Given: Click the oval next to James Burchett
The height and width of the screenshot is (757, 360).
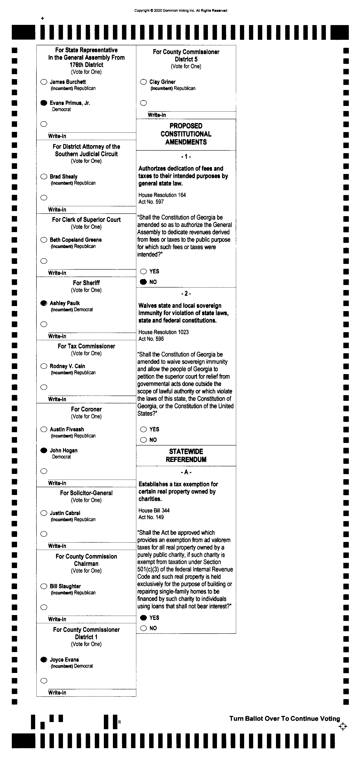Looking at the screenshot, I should pos(44,82).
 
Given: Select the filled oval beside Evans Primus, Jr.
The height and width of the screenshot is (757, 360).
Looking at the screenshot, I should pos(44,103).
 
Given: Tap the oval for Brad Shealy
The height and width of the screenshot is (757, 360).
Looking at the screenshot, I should pos(44,177).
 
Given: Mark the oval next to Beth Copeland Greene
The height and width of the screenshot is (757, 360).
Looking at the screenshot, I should pos(44,240).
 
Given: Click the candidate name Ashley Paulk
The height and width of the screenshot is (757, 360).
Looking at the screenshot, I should pos(65,303).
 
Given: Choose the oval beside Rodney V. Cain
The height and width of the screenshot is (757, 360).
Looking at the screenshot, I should pos(44,366).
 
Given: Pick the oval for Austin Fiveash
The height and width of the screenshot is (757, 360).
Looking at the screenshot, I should pos(44,429).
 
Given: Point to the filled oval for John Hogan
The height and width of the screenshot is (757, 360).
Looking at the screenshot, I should pos(44,450).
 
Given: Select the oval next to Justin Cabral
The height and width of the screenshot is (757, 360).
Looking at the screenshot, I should pos(44,513).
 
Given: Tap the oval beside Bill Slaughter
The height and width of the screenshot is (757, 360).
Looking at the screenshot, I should pos(44,586).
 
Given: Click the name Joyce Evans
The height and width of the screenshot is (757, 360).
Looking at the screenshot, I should pos(64,659).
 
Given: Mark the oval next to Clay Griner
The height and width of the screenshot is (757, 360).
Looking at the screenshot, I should pos(143,82).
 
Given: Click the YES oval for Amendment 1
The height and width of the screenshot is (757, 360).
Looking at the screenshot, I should pos(143,271).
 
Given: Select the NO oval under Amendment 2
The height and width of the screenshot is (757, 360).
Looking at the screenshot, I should pos(143,440).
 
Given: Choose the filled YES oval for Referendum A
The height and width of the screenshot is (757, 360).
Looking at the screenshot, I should pos(143,618).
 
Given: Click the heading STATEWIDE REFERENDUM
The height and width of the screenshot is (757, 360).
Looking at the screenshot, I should pos(186,456).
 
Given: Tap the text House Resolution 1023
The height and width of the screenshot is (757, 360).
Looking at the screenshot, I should pos(163,332).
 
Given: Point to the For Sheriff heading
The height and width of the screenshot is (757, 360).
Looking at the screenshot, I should pos(86,283).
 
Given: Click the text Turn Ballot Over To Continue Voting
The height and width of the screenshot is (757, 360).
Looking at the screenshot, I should pos(284,718).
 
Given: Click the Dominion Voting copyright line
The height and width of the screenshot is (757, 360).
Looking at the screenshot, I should pos(181,11).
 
